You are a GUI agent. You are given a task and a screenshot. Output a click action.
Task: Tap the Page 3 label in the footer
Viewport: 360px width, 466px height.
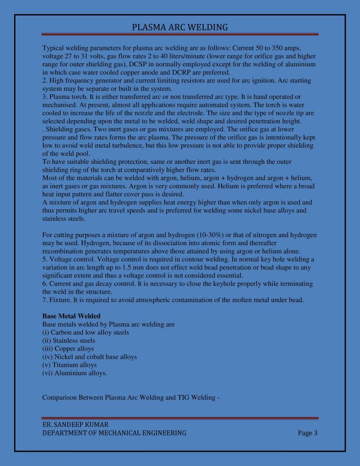(308, 433)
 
